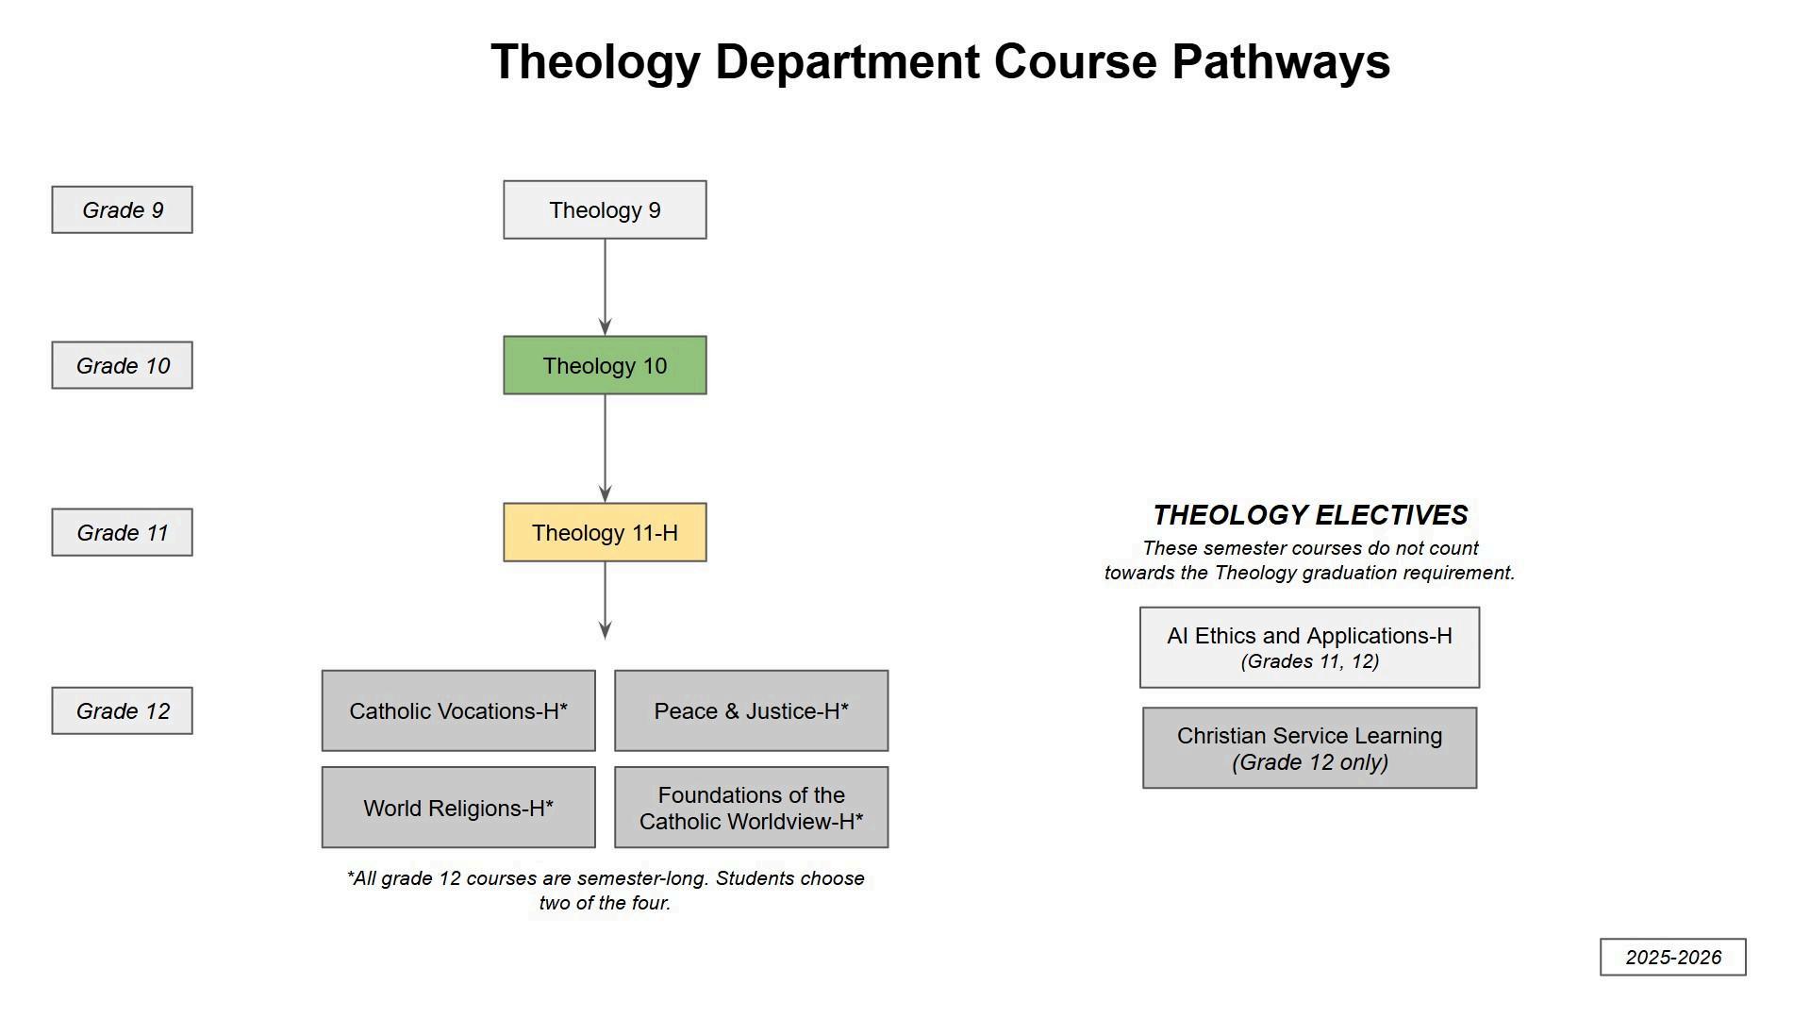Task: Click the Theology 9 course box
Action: tap(605, 209)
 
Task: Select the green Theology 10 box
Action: tap(605, 365)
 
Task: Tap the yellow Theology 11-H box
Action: tap(605, 532)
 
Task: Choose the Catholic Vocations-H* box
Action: tap(458, 710)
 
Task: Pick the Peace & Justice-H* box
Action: tap(751, 710)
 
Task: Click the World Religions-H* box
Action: tap(458, 808)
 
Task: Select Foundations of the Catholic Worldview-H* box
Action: tap(751, 808)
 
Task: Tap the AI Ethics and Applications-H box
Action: tap(1309, 647)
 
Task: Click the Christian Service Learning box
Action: tap(1309, 748)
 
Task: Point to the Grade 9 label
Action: tap(122, 209)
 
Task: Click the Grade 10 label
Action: tap(122, 365)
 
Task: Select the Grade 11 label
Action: tap(122, 532)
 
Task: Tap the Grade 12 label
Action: tap(122, 710)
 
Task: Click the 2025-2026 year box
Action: tap(1672, 957)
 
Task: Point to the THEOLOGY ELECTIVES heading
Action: tap(1310, 515)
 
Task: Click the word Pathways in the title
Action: tap(1280, 62)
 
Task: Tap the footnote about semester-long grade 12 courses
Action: tap(605, 890)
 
